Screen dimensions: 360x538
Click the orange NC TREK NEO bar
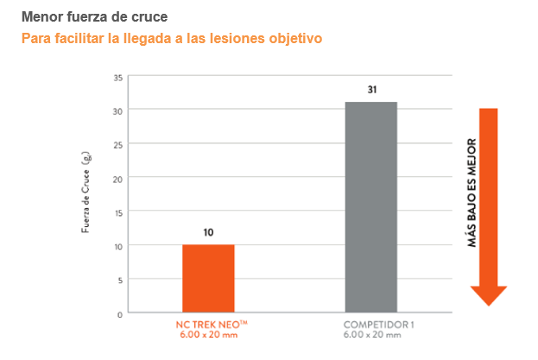click(207, 278)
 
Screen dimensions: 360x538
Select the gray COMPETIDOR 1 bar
click(370, 207)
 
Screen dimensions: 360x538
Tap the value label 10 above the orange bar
click(208, 232)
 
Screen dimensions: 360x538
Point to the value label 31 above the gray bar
click(370, 90)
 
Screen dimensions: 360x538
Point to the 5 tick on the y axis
click(118, 280)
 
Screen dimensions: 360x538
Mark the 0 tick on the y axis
click(118, 313)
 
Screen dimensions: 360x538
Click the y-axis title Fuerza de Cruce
click(86, 194)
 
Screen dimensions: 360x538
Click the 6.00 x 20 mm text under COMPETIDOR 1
click(371, 334)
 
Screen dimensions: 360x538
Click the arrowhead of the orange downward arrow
click(489, 294)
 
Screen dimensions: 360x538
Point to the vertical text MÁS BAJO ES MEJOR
click(472, 194)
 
